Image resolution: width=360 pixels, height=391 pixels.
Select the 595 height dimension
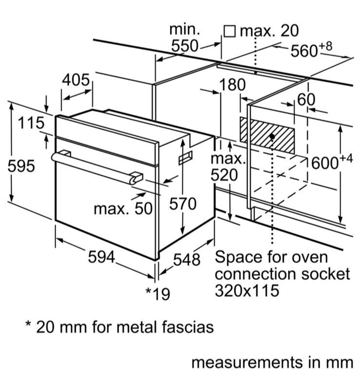(21, 166)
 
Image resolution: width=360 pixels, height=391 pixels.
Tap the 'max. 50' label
(123, 209)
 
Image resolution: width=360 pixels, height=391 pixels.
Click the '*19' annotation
(157, 293)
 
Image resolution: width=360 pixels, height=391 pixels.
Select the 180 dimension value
(232, 85)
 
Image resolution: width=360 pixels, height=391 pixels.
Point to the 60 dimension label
(306, 100)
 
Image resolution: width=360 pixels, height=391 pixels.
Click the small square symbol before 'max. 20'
(230, 32)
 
